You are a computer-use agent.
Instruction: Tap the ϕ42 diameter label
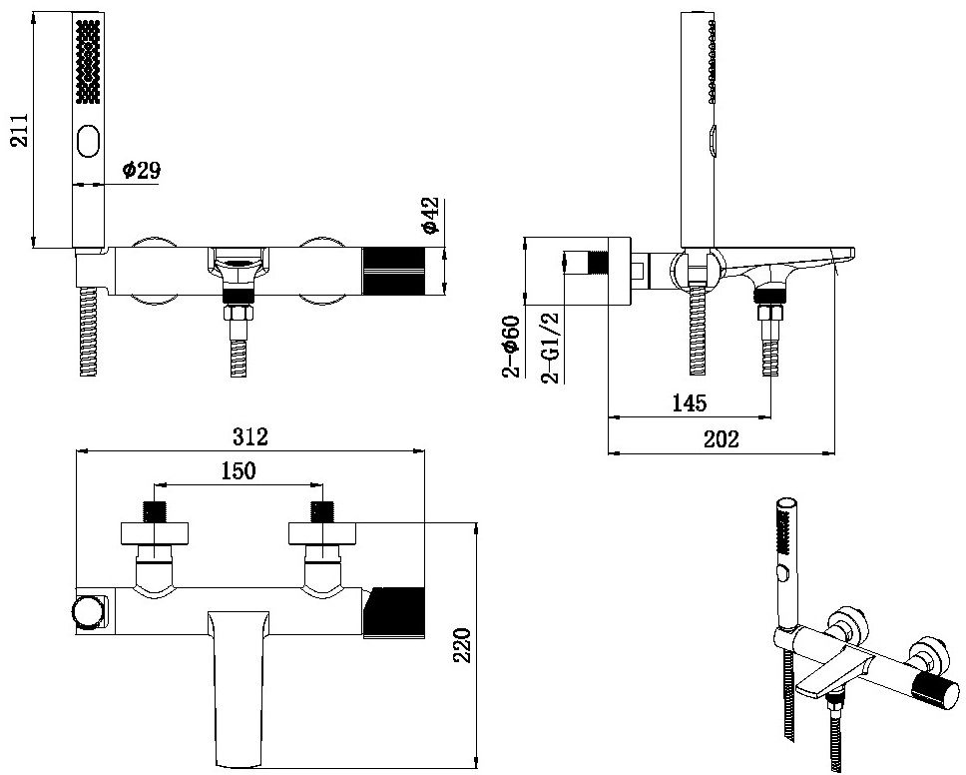(430, 216)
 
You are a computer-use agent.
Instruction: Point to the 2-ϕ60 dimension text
(511, 347)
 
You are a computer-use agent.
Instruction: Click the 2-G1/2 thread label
(548, 347)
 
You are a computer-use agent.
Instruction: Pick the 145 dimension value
(689, 403)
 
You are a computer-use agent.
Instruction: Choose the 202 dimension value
(721, 439)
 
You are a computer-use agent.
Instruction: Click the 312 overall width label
(250, 436)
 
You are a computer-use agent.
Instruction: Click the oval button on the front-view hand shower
(88, 140)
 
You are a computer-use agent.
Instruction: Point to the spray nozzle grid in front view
(88, 62)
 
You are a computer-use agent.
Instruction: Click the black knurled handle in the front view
(399, 270)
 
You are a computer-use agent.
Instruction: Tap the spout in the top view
(241, 689)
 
